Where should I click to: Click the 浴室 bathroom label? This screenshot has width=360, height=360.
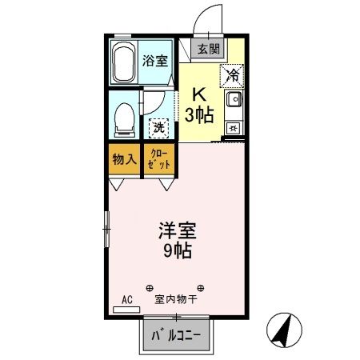[x=154, y=60]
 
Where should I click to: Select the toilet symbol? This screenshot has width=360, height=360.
[x=125, y=118]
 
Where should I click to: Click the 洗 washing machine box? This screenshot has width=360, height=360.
[x=159, y=126]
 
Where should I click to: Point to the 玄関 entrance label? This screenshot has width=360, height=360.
[x=208, y=49]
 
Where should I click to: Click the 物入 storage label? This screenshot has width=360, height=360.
[x=123, y=159]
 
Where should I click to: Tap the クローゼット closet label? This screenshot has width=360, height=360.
[x=158, y=159]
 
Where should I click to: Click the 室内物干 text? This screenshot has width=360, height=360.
[x=175, y=300]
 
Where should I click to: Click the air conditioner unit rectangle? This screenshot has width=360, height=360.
[x=126, y=310]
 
